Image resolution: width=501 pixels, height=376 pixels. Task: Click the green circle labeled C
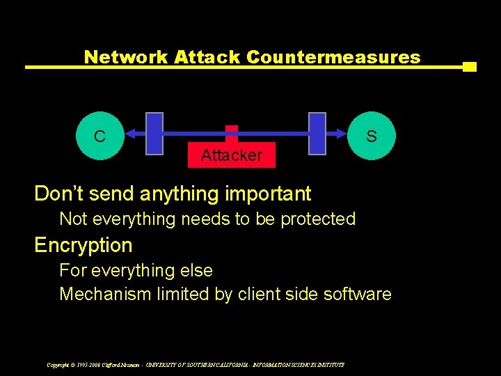100,136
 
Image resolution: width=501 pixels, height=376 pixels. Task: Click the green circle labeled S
372,136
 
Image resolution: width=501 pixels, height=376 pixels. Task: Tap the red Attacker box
232,155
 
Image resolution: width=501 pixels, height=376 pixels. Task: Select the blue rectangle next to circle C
154,133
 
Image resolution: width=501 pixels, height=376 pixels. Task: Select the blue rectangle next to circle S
317,133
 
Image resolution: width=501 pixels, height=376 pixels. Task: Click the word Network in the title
126,57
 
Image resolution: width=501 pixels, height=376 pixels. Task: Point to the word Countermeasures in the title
333,57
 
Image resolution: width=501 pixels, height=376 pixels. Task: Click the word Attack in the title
207,57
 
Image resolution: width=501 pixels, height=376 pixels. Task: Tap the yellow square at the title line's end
470,67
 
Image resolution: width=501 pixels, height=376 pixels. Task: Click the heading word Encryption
83,245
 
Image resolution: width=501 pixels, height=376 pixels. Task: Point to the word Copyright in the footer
58,364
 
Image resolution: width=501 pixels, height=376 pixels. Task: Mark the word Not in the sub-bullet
73,219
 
